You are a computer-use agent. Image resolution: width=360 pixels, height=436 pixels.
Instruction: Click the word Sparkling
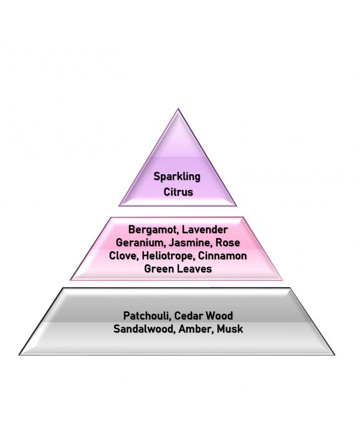pyautogui.click(x=177, y=177)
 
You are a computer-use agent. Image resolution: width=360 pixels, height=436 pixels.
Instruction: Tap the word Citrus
pyautogui.click(x=178, y=192)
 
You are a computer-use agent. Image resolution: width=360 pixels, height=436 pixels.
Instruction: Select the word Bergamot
pyautogui.click(x=152, y=230)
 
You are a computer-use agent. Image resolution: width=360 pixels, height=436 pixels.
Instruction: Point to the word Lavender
pyautogui.click(x=205, y=229)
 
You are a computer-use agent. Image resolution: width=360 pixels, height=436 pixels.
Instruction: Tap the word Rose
pyautogui.click(x=228, y=243)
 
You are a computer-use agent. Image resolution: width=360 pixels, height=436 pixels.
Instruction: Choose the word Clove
pyautogui.click(x=124, y=256)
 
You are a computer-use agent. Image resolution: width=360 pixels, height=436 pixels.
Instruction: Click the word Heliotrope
pyautogui.click(x=167, y=256)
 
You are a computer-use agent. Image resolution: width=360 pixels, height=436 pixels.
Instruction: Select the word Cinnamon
pyautogui.click(x=222, y=256)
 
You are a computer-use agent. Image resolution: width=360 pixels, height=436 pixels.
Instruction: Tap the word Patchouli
pyautogui.click(x=147, y=316)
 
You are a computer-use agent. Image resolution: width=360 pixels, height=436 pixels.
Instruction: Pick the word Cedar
pyautogui.click(x=188, y=316)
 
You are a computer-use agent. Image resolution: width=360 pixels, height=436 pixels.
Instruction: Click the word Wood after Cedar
pyautogui.click(x=220, y=316)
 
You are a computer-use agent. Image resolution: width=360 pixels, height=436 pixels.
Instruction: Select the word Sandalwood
pyautogui.click(x=145, y=329)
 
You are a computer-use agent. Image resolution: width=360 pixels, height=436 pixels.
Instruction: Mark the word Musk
pyautogui.click(x=230, y=329)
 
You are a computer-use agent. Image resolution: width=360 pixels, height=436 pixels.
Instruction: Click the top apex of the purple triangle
pyautogui.click(x=178, y=109)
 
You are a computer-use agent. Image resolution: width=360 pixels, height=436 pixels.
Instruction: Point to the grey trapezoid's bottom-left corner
pyautogui.click(x=19, y=355)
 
